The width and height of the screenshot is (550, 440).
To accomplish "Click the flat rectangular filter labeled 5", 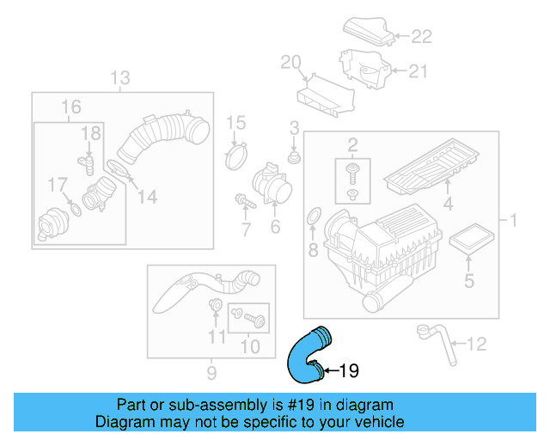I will (x=467, y=239).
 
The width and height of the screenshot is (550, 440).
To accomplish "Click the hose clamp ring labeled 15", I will (x=235, y=157).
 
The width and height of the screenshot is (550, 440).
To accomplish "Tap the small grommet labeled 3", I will (x=295, y=160).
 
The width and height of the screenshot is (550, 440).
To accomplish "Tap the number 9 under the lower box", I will (x=211, y=372).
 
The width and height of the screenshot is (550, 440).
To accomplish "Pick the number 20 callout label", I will (x=291, y=61).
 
